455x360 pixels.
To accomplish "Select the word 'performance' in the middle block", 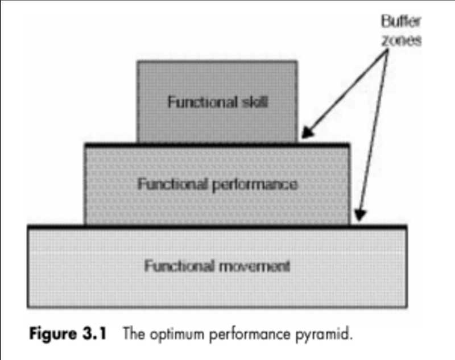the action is click(260, 185).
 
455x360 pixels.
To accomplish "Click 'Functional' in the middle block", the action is click(173, 185).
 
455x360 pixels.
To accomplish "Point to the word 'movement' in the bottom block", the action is click(254, 266).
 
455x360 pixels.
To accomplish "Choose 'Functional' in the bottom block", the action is click(180, 266).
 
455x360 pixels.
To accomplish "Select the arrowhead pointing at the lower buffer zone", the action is click(359, 216).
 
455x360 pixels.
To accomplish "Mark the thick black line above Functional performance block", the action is click(216, 145).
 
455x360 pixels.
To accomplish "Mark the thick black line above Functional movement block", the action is click(216, 226).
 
